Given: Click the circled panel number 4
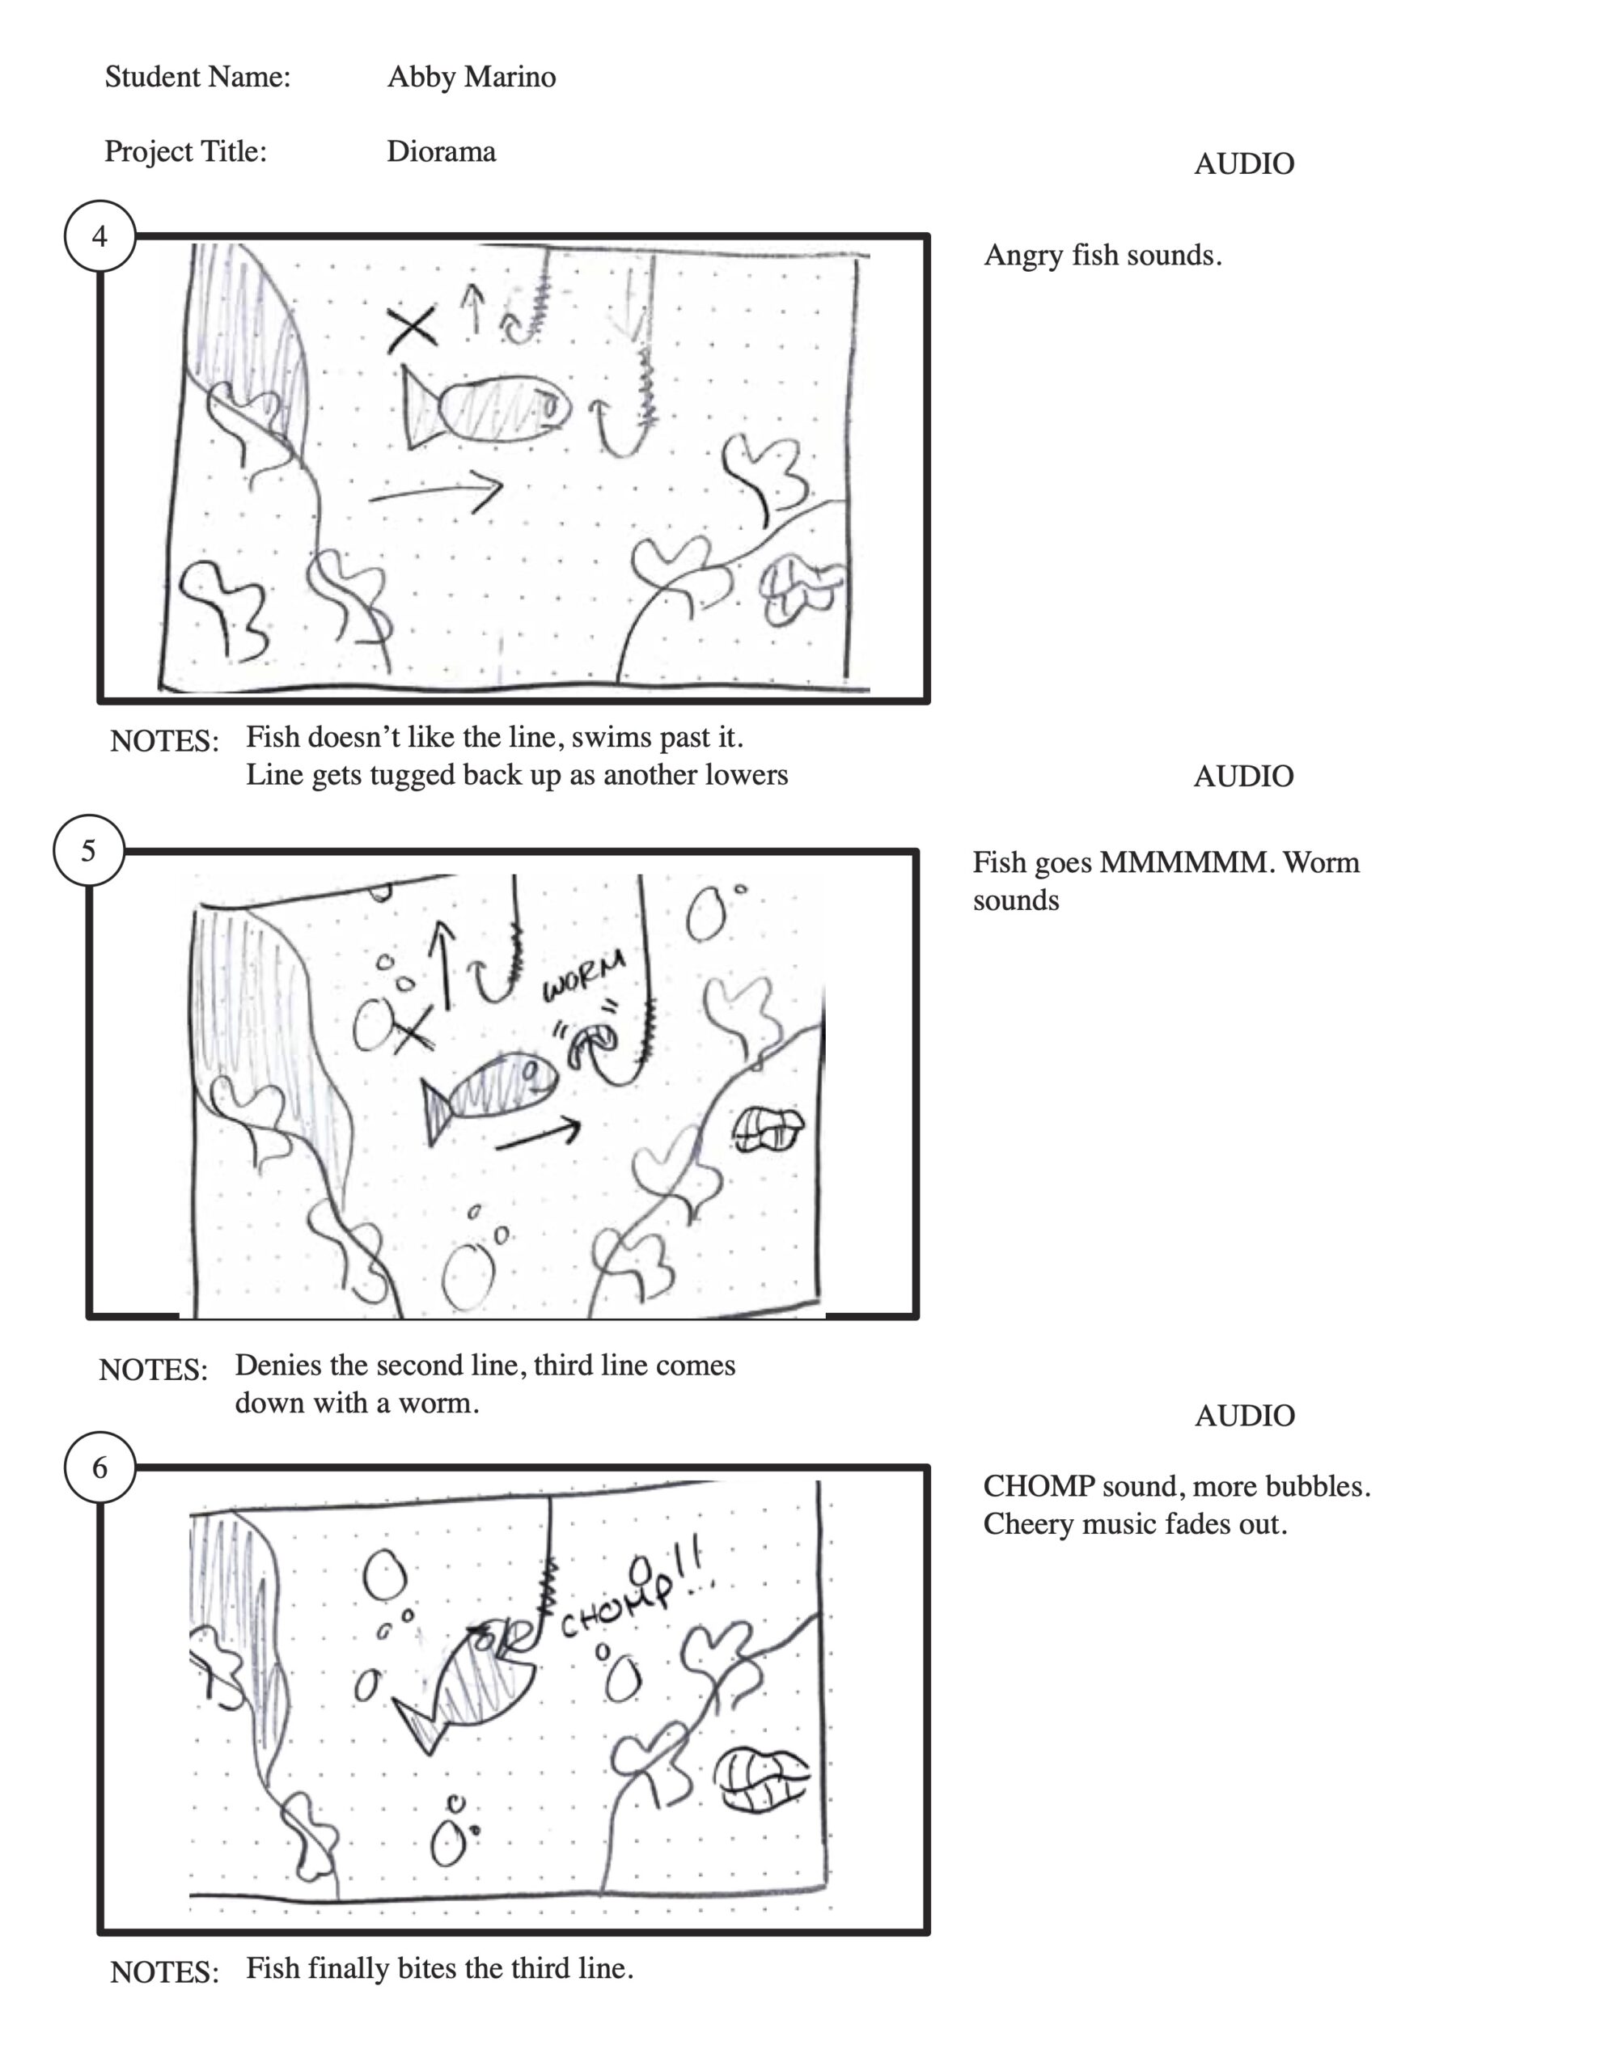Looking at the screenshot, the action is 99,236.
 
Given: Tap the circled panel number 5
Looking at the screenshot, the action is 88,850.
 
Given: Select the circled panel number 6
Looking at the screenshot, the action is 99,1467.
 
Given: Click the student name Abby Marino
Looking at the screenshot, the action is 472,77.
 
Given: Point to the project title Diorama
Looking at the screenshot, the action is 441,152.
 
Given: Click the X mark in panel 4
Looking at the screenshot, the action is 413,329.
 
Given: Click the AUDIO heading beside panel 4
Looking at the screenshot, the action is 1243,164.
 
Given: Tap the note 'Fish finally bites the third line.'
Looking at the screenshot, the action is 439,1968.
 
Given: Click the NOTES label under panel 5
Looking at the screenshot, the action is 153,1370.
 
